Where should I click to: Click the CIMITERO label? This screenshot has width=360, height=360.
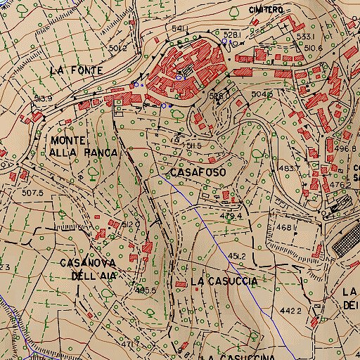266,10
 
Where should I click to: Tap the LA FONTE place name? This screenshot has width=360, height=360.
77,70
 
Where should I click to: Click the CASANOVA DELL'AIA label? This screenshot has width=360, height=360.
87,269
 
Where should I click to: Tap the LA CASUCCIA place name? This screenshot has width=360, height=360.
224,281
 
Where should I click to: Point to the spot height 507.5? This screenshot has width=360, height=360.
32,192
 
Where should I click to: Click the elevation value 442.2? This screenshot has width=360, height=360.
290,310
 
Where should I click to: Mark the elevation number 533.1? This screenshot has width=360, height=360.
304,36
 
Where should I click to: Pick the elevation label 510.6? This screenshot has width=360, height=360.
313,49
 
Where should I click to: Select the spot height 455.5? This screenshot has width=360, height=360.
145,289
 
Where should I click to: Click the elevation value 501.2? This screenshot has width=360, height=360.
117,48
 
